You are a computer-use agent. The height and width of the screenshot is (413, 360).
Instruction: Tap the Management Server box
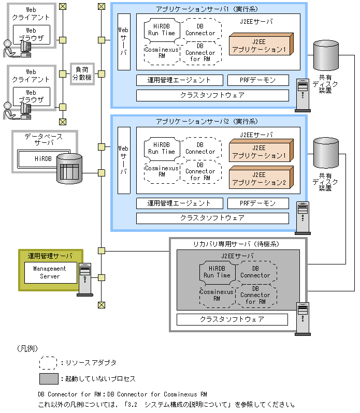point(50,272)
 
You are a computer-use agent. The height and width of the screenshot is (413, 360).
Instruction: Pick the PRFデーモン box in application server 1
point(258,80)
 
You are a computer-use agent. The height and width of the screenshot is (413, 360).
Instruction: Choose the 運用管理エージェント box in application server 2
point(179,203)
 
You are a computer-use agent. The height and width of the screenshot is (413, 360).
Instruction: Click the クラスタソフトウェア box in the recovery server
point(232,319)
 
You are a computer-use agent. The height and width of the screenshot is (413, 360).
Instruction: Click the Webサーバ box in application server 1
point(124,41)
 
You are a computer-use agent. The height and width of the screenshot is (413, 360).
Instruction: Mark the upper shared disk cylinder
point(326,57)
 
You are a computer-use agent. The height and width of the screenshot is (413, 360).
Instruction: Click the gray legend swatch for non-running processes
point(49,379)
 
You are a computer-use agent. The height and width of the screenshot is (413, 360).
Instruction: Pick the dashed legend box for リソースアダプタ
point(49,362)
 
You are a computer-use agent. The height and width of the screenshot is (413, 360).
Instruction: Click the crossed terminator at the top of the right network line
point(102,7)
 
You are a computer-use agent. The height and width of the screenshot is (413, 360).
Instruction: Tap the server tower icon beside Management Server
point(84,278)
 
